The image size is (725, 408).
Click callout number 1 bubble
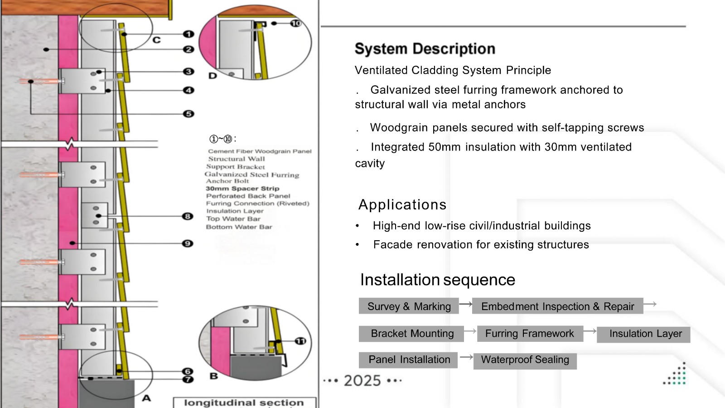[188, 34]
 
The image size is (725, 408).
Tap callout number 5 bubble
[188, 114]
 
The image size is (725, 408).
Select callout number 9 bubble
[188, 243]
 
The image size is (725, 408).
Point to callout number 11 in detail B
[300, 341]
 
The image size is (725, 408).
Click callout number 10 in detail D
[295, 23]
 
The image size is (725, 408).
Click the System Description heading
[425, 49]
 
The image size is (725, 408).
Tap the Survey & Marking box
[409, 306]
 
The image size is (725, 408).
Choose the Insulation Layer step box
[644, 335]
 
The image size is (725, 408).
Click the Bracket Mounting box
[411, 334]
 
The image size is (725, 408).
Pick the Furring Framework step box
[529, 334]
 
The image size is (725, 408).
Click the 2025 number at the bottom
[362, 381]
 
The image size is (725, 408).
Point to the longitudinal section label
[244, 403]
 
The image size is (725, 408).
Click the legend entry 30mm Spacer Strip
[242, 189]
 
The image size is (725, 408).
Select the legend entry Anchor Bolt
[227, 181]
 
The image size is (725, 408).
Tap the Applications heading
[402, 205]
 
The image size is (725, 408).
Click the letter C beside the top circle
[156, 40]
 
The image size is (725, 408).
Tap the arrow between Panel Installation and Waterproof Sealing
[466, 357]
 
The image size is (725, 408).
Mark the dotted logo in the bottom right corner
[675, 375]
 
